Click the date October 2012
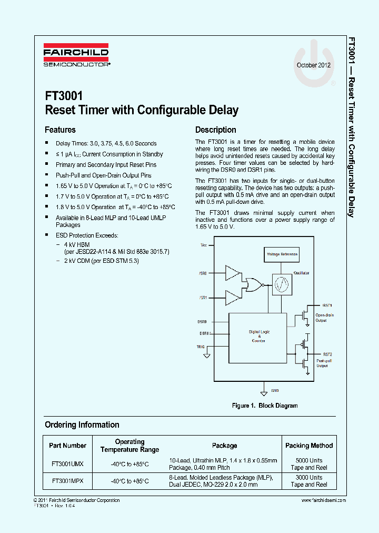point(314,66)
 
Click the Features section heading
point(60,130)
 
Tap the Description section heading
point(215,130)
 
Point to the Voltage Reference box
point(282,254)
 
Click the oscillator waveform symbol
point(282,284)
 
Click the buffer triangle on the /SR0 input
point(232,273)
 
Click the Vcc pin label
point(204,245)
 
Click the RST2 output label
point(327,354)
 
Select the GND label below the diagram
point(275,391)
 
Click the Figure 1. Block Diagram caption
point(265,406)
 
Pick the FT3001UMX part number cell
point(67,464)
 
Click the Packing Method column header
point(309,446)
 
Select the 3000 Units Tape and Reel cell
point(309,481)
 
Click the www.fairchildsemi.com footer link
point(321,500)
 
